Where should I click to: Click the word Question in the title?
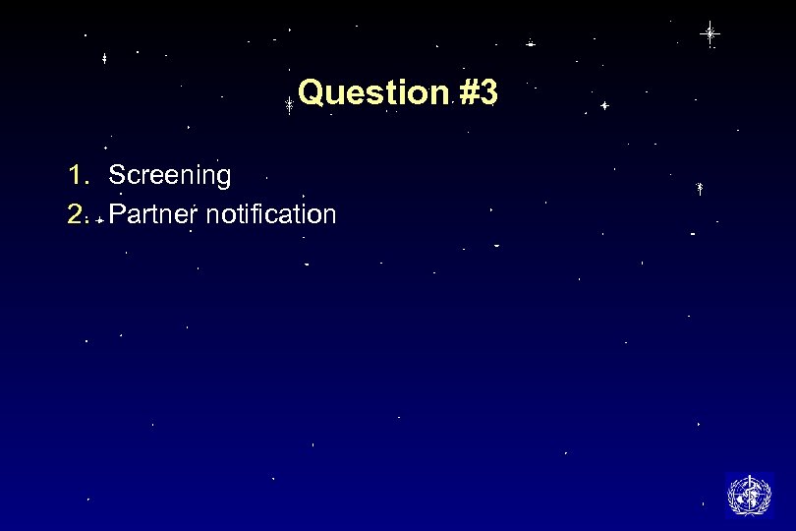(373, 93)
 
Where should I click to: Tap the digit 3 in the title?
(488, 93)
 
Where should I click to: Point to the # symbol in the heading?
(468, 93)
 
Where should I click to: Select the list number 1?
(77, 175)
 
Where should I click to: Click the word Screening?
(170, 176)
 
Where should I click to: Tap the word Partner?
(154, 214)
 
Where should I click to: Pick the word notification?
(272, 214)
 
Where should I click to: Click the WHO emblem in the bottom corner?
(749, 494)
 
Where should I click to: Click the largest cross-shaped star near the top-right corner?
(710, 33)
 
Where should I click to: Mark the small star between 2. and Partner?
(100, 221)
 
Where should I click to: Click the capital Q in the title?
(312, 93)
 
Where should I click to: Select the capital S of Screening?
(117, 176)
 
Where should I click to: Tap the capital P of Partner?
(117, 214)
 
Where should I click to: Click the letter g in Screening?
(223, 179)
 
